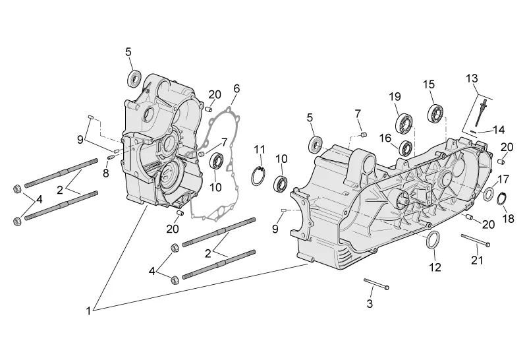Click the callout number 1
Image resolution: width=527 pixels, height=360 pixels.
tap(88, 311)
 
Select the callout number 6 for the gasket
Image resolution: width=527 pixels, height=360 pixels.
tap(237, 88)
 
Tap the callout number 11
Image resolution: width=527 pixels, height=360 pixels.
tap(260, 149)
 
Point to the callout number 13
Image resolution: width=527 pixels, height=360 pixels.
tap(472, 78)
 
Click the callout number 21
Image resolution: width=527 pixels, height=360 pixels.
tap(477, 260)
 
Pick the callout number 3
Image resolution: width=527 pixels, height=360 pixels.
tap(370, 303)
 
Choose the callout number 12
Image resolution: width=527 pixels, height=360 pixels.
tap(435, 267)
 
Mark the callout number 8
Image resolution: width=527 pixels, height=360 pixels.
tap(106, 173)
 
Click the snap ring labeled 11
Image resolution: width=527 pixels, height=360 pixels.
tap(259, 176)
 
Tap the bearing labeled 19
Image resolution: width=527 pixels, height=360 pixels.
tap(404, 123)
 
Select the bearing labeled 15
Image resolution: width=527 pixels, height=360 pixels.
tap(437, 113)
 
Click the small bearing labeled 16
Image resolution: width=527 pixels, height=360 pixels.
tap(406, 148)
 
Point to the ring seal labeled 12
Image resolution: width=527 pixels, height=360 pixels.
tap(433, 240)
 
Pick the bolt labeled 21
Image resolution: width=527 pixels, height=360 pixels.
tap(476, 240)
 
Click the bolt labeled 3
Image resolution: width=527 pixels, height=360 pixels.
tap(377, 284)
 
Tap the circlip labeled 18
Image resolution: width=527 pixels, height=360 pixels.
tap(502, 198)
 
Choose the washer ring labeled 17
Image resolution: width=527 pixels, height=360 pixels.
tap(489, 195)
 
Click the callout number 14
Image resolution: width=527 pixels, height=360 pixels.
tap(499, 130)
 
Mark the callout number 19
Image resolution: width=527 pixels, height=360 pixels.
tap(395, 97)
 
